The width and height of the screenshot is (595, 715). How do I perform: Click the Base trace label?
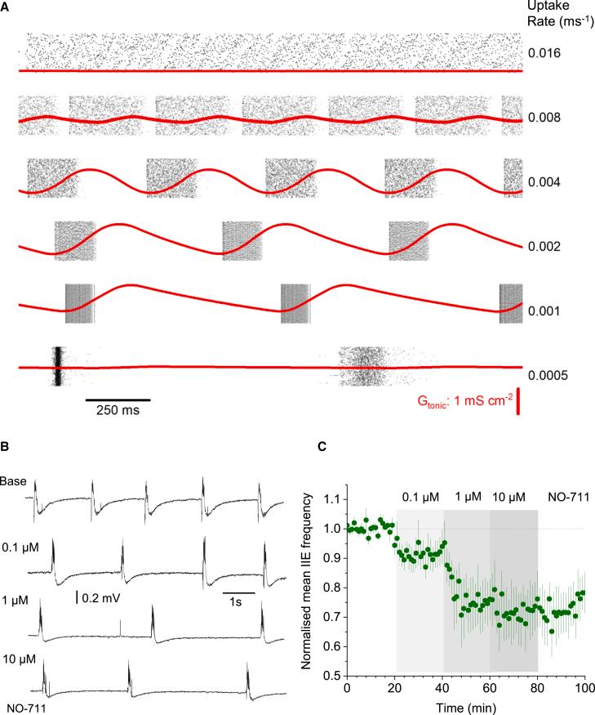11,480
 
